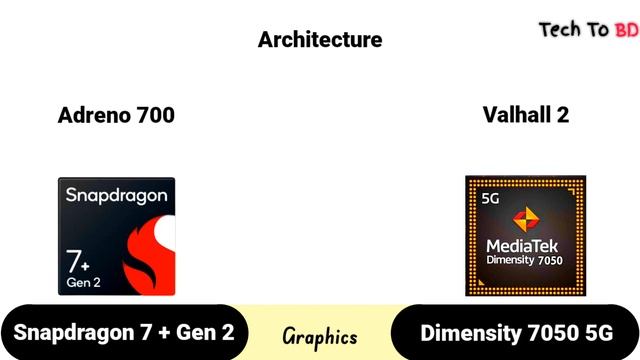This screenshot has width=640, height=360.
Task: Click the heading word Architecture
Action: click(x=320, y=40)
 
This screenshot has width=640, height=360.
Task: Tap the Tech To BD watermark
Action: click(x=588, y=29)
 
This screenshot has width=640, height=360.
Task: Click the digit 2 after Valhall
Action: click(x=563, y=115)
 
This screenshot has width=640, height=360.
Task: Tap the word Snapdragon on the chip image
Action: click(x=116, y=195)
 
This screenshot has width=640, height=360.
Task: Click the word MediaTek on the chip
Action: click(x=526, y=244)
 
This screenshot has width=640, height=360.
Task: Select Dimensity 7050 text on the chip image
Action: click(x=526, y=260)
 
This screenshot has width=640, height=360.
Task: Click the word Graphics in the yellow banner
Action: click(x=320, y=336)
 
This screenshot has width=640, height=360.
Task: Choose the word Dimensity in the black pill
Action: click(x=469, y=333)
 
